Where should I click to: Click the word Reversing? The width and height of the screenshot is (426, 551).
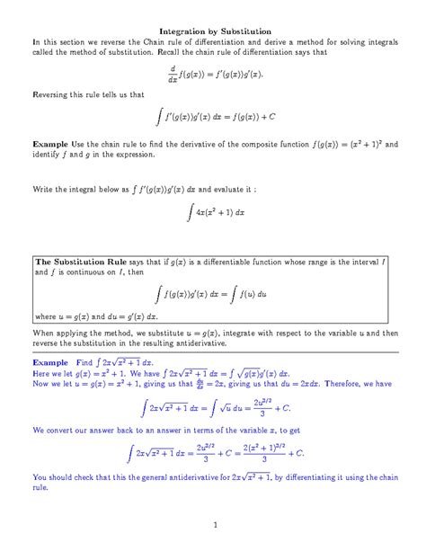(52, 93)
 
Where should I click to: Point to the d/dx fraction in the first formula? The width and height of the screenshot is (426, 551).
(173, 72)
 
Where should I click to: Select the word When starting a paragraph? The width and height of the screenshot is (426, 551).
(45, 333)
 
